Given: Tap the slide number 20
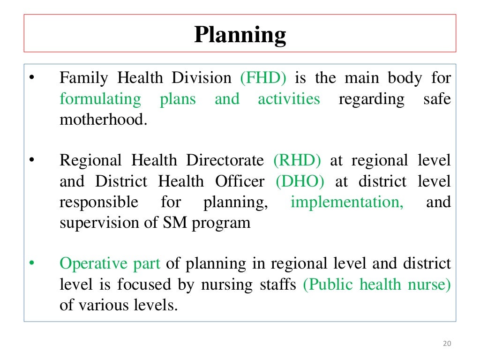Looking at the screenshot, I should [x=446, y=344].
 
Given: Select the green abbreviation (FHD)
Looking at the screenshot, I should [x=263, y=78].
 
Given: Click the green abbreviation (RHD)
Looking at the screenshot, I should [x=297, y=161].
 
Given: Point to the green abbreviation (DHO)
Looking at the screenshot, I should [x=300, y=181].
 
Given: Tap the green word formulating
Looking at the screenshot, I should [x=100, y=99].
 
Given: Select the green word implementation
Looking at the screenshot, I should [x=347, y=202].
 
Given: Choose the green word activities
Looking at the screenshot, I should [x=289, y=99].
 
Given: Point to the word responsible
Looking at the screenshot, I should [x=99, y=202].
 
